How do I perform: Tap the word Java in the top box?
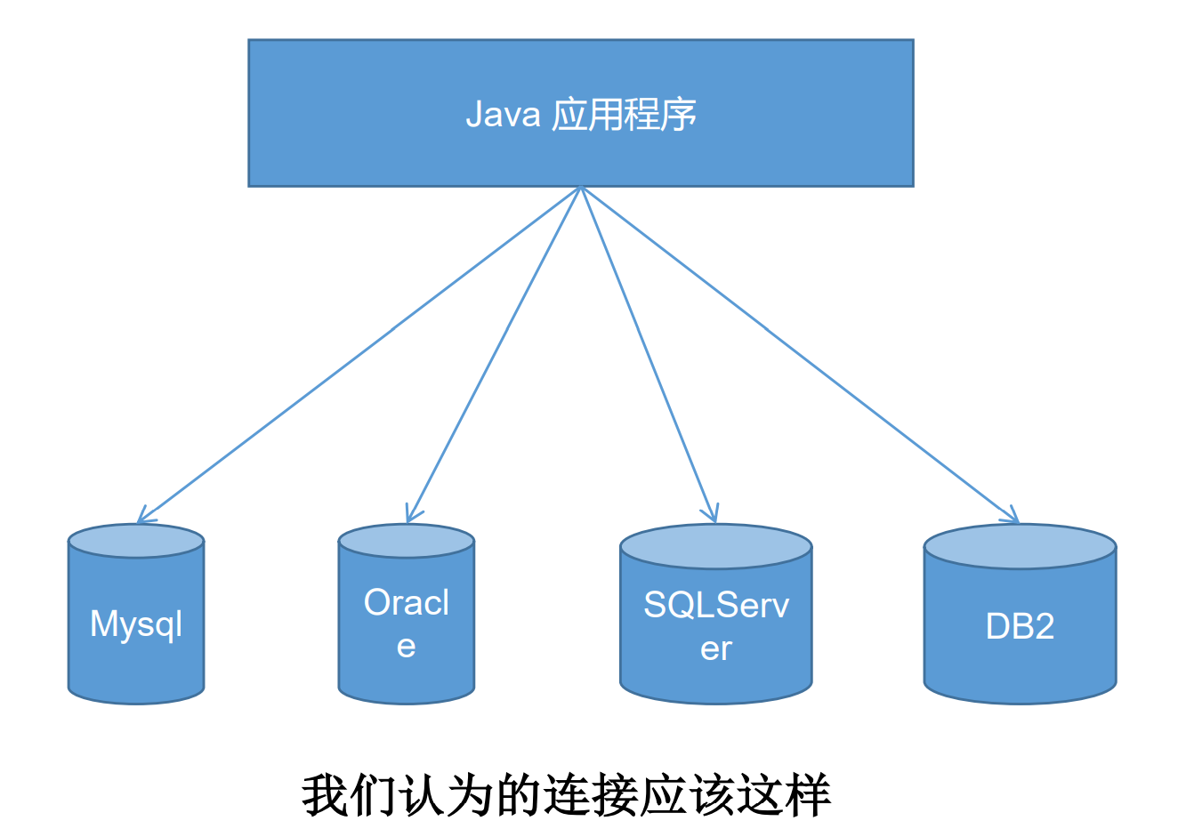coord(503,115)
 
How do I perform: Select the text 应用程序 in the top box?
coord(625,115)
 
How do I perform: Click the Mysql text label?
coord(136,624)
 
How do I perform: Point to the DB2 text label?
coord(1020,626)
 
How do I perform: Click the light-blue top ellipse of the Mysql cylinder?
coord(136,541)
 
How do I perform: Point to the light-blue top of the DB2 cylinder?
coord(1020,546)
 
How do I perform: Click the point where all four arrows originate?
coord(581,188)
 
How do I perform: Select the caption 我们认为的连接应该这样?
coord(567,794)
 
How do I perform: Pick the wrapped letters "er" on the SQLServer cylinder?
coord(715,648)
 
